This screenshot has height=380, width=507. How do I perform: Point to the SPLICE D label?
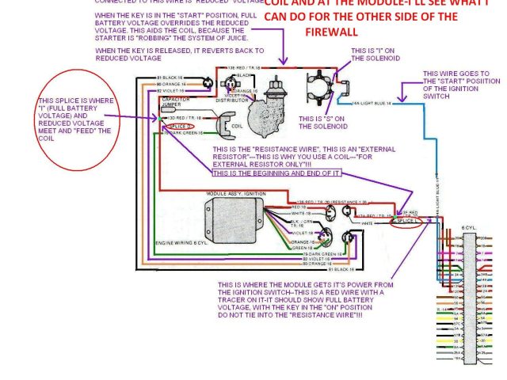[181, 126]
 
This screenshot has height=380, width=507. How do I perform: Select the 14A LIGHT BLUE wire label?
[375, 102]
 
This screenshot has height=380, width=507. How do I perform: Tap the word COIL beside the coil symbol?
[235, 125]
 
